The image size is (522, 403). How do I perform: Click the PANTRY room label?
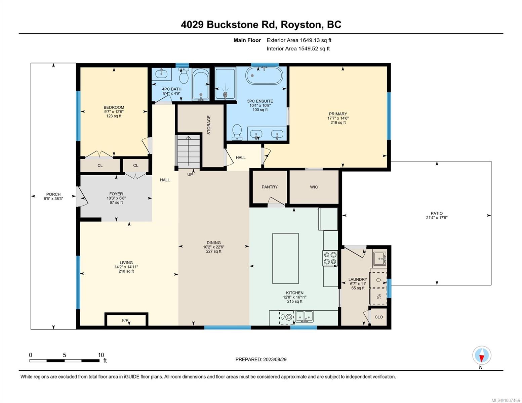269,187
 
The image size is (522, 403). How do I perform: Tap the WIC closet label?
314,187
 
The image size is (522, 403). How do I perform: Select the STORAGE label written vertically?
209,125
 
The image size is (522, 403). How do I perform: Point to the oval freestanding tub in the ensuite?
264,75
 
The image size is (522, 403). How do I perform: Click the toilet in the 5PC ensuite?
237,132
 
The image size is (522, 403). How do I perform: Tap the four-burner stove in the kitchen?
330,258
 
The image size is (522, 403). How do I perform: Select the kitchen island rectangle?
285,258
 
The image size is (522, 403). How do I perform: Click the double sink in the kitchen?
304,316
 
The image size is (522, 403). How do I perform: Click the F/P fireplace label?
125,320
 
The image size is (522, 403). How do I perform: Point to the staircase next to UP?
189,151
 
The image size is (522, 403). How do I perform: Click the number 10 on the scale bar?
101,355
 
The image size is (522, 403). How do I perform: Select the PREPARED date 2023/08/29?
275,360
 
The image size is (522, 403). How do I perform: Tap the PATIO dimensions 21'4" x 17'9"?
437,218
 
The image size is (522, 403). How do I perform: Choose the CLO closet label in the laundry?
378,317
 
